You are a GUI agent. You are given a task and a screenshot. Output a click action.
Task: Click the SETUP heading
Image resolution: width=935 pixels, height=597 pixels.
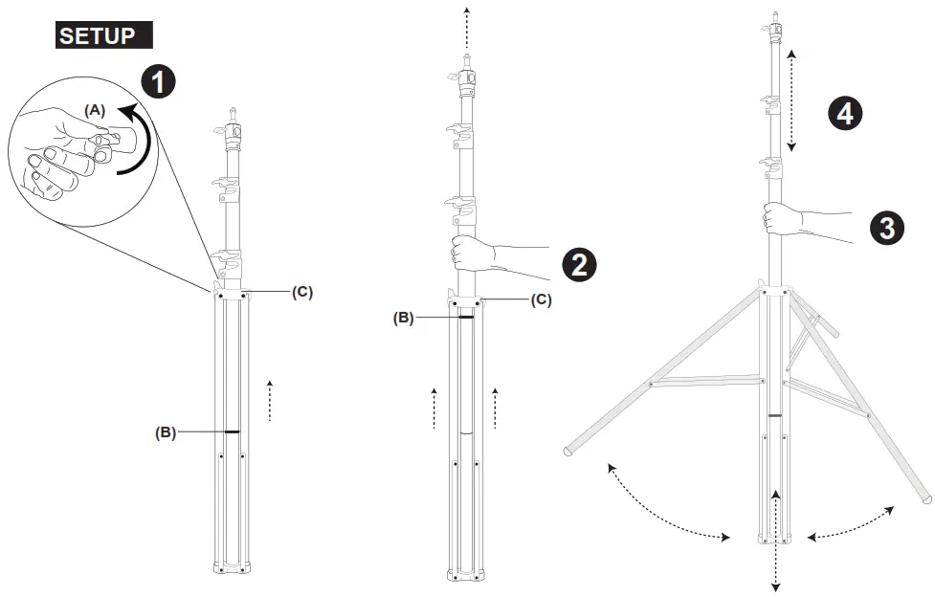coord(103,36)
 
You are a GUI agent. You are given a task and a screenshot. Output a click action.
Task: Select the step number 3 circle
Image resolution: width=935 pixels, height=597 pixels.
coord(887,228)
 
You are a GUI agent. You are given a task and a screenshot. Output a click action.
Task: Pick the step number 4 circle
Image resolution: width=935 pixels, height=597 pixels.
coord(844,115)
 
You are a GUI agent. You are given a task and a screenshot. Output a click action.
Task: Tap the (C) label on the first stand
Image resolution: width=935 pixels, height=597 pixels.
coord(302,292)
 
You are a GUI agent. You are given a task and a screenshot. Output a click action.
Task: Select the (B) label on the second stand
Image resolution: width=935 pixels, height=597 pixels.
coord(404,318)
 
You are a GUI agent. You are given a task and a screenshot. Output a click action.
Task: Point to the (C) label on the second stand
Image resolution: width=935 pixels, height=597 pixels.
coord(541,299)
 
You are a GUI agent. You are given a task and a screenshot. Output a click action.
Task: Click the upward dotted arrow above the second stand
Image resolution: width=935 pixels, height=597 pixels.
coord(467,24)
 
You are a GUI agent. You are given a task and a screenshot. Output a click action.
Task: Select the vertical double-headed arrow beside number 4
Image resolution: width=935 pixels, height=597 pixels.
coord(791,99)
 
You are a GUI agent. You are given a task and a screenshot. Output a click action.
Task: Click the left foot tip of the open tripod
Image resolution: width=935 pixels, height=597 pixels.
coord(568,449)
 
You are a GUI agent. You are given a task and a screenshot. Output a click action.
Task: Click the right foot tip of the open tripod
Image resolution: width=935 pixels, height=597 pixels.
coord(924,498)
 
